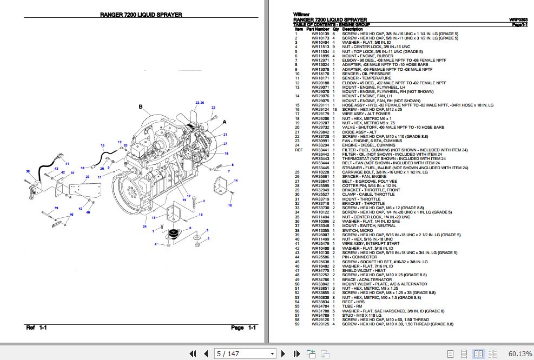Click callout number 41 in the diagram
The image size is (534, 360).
67,163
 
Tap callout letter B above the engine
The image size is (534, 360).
141,108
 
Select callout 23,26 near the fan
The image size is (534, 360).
200,102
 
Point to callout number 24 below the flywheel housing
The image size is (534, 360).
144,226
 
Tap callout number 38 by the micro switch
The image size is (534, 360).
28,172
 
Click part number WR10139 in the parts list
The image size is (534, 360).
319,34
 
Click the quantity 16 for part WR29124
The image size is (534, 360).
335,110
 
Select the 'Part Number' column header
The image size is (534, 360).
318,29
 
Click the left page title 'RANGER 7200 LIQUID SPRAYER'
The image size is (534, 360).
141,15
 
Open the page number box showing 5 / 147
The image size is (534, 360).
245,354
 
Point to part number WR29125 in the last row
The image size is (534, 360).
319,324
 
